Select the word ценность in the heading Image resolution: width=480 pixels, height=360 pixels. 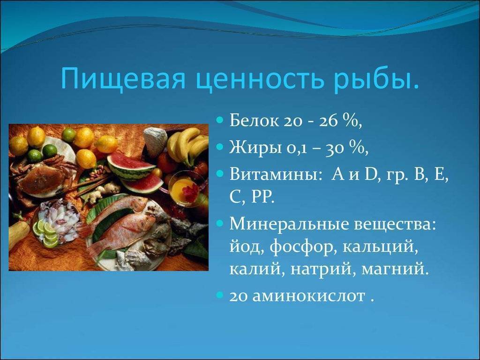(x=259, y=80)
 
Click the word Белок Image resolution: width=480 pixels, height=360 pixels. (x=254, y=121)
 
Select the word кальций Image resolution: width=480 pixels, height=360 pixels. (x=380, y=247)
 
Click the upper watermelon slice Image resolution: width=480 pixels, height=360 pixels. (x=131, y=167)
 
